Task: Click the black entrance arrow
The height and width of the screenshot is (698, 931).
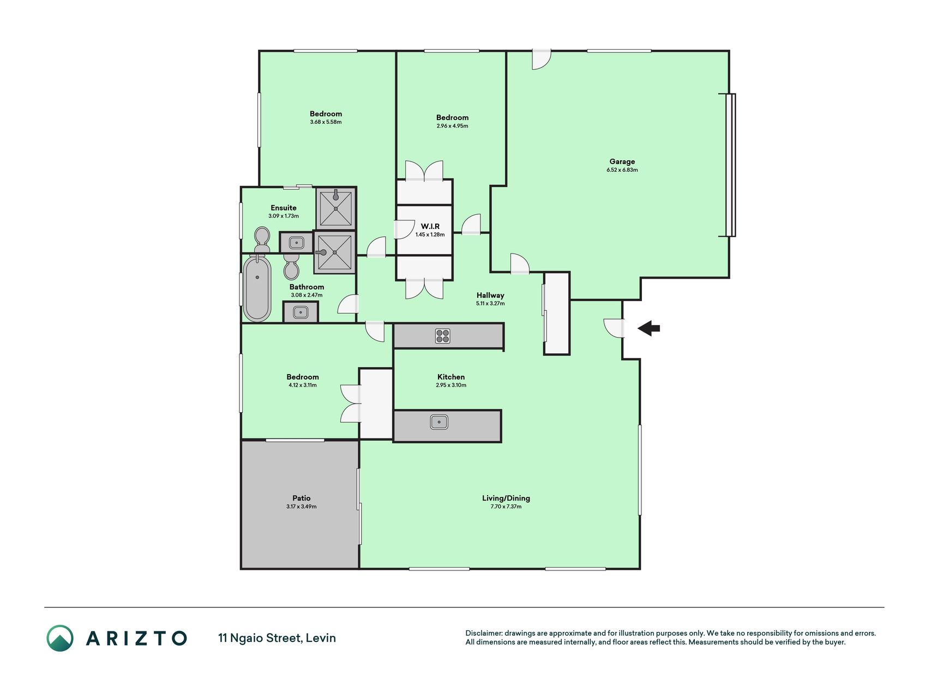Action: pos(648,328)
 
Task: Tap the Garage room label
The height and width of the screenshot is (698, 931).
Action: pos(622,161)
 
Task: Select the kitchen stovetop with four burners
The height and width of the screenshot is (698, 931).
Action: pos(443,336)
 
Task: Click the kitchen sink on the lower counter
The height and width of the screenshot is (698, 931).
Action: pos(439,422)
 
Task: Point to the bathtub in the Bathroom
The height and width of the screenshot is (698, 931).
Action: pos(257,288)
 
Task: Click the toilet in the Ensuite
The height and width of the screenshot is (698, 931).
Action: pos(262,240)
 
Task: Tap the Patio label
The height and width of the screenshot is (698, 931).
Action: pos(302,498)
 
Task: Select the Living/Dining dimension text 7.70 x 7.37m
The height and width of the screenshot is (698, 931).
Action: pos(506,507)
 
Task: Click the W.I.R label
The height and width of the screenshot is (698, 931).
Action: pos(430,226)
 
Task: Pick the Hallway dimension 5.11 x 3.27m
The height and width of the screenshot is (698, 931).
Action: pos(490,303)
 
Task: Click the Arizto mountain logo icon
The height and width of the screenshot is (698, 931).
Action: pos(60,638)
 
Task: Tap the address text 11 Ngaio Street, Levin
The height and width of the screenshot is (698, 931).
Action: pos(277,638)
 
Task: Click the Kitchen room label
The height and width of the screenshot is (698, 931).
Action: pos(451,377)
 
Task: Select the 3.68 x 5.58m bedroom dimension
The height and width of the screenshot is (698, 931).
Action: pos(326,122)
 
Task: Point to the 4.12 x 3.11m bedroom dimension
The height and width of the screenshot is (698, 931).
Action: pos(303,385)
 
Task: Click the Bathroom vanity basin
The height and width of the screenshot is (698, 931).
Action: pos(301,312)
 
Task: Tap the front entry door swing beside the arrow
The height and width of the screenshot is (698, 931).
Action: pos(614,328)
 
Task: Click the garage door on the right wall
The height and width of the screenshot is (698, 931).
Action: pos(730,165)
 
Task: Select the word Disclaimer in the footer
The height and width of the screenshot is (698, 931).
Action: pos(483,633)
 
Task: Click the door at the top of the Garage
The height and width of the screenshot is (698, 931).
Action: pos(542,59)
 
